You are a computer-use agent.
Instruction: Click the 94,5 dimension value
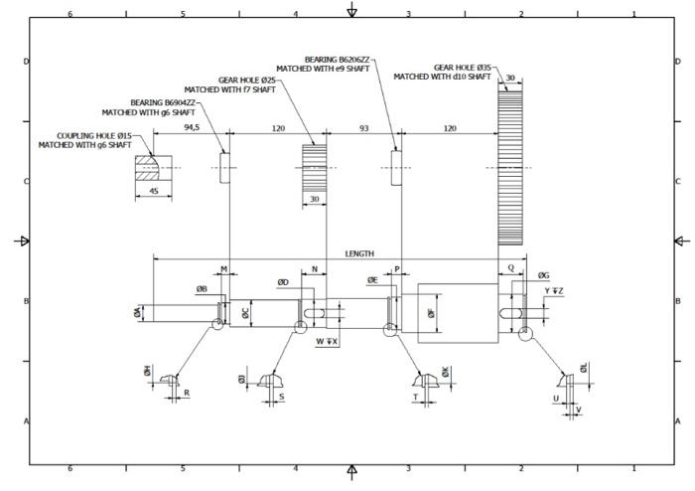click(x=192, y=127)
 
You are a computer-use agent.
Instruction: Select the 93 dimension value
click(x=363, y=127)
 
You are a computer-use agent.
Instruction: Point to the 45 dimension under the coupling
click(x=154, y=191)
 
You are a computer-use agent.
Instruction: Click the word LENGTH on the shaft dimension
click(x=359, y=253)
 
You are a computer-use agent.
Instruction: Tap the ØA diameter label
click(x=137, y=312)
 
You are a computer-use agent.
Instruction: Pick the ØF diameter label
click(x=430, y=312)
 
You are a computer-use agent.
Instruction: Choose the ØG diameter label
click(x=543, y=275)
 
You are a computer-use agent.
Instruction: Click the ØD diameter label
click(x=283, y=282)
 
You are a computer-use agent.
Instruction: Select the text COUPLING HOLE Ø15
click(x=94, y=135)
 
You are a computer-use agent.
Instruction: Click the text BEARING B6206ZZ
click(x=338, y=60)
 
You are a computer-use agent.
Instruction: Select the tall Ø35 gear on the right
click(x=510, y=164)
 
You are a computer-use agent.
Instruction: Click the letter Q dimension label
click(x=510, y=268)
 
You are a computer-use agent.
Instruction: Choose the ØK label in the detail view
click(x=446, y=371)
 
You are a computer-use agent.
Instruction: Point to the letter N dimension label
click(x=315, y=269)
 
